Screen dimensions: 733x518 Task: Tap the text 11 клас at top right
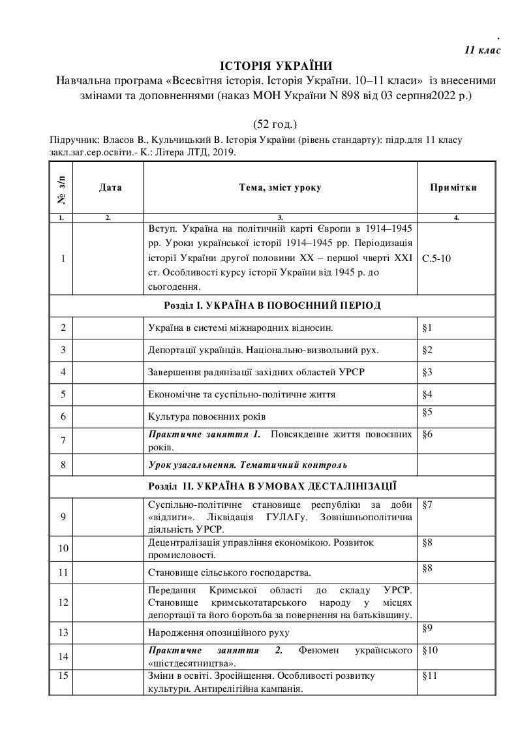point(482,50)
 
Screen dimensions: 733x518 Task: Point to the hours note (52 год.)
point(275,123)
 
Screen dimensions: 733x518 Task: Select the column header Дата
point(110,187)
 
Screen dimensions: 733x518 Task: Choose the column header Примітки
point(453,187)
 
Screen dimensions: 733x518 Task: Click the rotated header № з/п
point(61,187)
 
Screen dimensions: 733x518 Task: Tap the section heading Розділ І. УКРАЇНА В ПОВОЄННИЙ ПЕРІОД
point(272,305)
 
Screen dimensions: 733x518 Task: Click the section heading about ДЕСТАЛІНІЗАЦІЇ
point(272,486)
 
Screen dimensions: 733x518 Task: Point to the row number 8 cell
point(63,465)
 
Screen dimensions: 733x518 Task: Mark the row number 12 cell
point(63,602)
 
